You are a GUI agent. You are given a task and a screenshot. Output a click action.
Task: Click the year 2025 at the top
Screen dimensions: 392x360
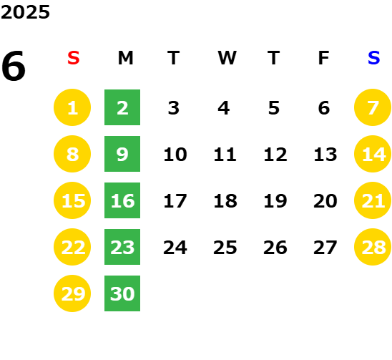click(x=25, y=12)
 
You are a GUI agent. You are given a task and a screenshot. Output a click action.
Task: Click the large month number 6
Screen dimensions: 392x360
click(x=14, y=66)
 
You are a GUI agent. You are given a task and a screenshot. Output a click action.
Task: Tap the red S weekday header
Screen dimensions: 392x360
click(x=74, y=58)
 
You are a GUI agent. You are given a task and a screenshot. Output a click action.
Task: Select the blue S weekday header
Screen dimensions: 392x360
click(x=373, y=58)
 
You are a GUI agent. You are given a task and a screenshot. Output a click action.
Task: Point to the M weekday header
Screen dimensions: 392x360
click(x=125, y=58)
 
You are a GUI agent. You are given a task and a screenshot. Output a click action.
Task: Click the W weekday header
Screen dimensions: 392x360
click(x=227, y=58)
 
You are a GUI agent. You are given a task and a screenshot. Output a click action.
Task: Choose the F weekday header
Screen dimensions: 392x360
click(x=324, y=58)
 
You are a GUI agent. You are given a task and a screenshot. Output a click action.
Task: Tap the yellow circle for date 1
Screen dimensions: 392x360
click(x=72, y=107)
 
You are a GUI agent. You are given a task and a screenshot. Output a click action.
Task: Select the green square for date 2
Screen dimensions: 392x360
click(x=122, y=107)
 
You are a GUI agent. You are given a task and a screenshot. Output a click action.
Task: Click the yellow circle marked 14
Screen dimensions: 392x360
click(x=373, y=154)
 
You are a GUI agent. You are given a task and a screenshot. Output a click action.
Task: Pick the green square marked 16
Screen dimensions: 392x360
click(x=122, y=200)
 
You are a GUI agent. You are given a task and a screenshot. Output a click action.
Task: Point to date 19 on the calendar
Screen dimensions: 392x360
click(x=275, y=200)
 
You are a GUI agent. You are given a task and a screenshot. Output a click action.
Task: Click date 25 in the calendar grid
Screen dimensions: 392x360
click(x=225, y=248)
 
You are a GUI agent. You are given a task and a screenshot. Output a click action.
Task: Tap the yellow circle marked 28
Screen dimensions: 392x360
click(x=373, y=247)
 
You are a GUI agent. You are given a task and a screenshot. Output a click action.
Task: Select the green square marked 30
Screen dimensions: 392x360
click(x=122, y=293)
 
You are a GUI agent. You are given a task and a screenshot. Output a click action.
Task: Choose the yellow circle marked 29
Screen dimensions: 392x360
click(x=72, y=293)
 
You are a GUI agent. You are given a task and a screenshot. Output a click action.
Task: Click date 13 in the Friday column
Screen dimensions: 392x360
click(x=325, y=154)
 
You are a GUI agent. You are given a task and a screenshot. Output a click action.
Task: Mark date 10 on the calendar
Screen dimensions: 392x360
click(x=175, y=154)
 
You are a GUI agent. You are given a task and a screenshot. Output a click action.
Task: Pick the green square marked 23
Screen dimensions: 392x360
click(x=122, y=247)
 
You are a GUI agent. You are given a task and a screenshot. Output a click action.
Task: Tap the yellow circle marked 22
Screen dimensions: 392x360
click(x=72, y=247)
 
